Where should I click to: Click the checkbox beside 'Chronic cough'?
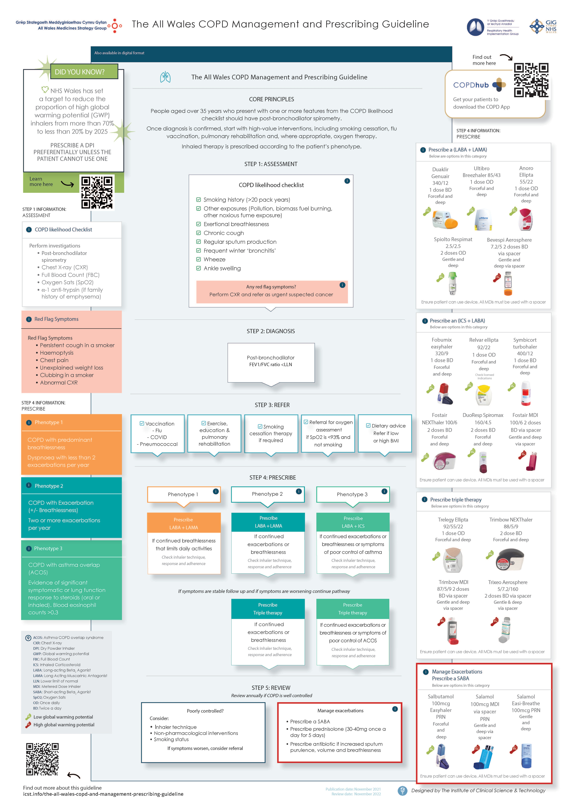[199, 233]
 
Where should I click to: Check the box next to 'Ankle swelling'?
[199, 268]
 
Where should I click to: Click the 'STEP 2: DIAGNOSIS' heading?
[271, 331]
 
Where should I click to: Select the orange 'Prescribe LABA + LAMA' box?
[183, 523]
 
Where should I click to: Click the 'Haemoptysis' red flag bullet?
[57, 353]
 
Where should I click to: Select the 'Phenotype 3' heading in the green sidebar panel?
[48, 548]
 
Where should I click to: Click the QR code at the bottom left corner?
[42, 759]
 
